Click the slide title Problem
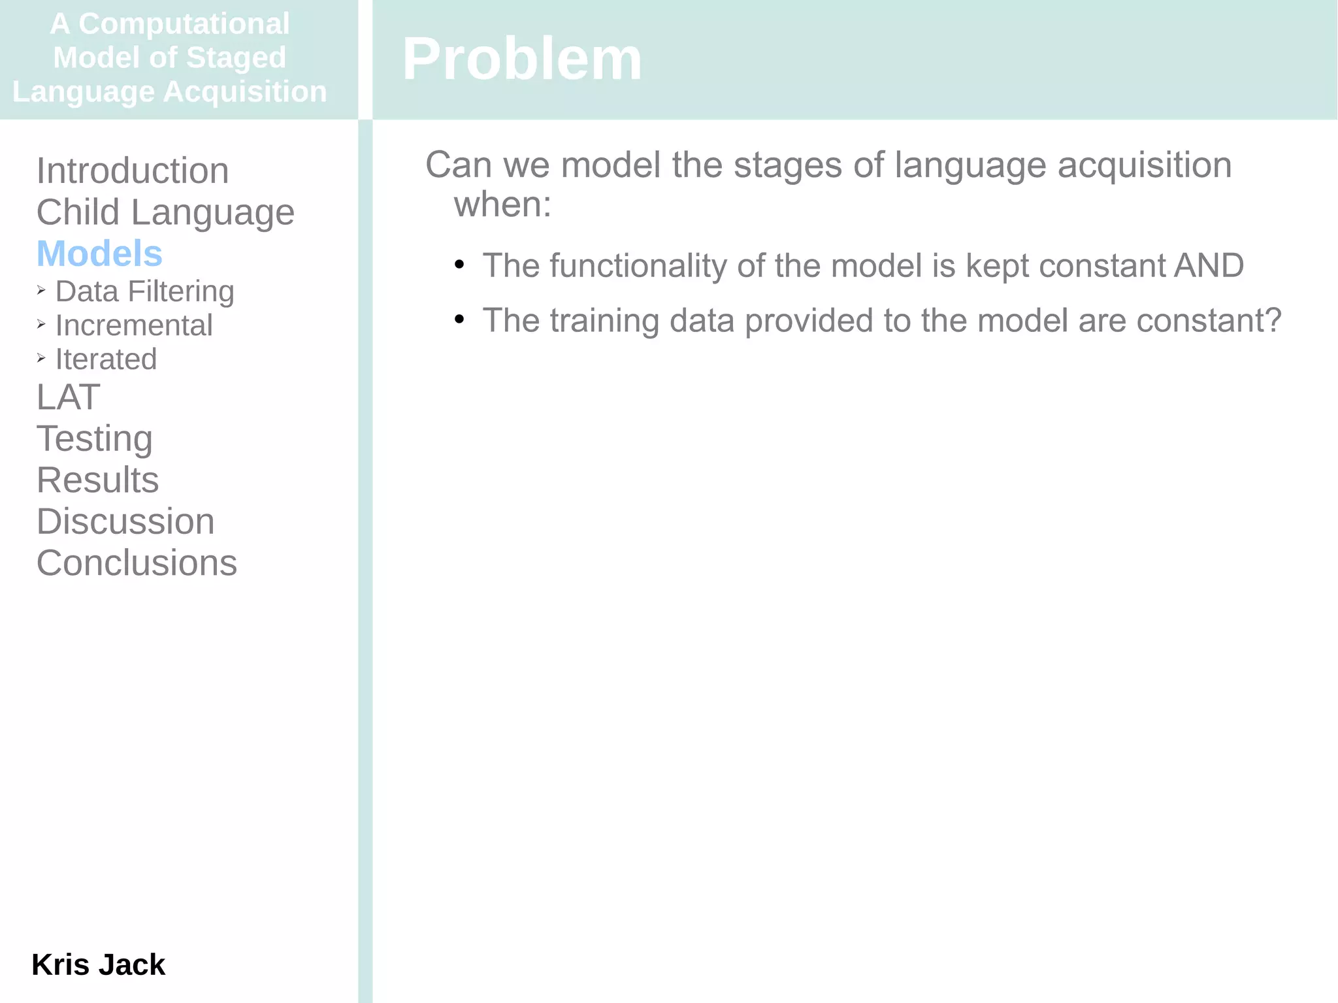click(x=521, y=59)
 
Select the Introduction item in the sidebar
click(x=133, y=171)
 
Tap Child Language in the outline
click(x=165, y=212)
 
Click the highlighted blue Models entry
click(x=99, y=254)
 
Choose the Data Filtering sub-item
click(x=144, y=291)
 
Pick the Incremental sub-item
click(x=134, y=325)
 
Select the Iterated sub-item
click(x=106, y=359)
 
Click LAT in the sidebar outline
click(x=68, y=397)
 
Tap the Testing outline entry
click(x=95, y=438)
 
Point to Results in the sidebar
click(x=97, y=480)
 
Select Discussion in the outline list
click(x=125, y=521)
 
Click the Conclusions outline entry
click(x=137, y=563)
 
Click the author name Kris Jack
click(x=98, y=964)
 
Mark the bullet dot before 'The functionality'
click(x=459, y=265)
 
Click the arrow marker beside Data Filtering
click(x=41, y=290)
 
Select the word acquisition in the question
click(x=1144, y=165)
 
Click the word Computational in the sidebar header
click(x=184, y=24)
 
